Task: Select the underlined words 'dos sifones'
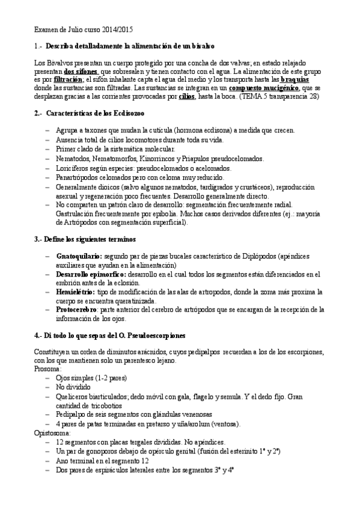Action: pyautogui.click(x=82, y=70)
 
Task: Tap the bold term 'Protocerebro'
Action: pyautogui.click(x=79, y=309)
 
